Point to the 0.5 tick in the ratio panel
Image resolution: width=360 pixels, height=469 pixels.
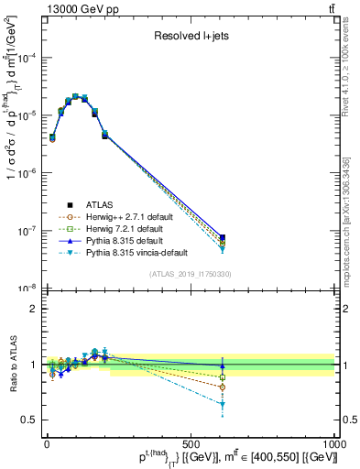(x=27, y=420)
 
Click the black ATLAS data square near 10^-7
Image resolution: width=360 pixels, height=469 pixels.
(x=223, y=237)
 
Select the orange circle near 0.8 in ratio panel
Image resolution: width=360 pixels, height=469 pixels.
(x=223, y=387)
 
